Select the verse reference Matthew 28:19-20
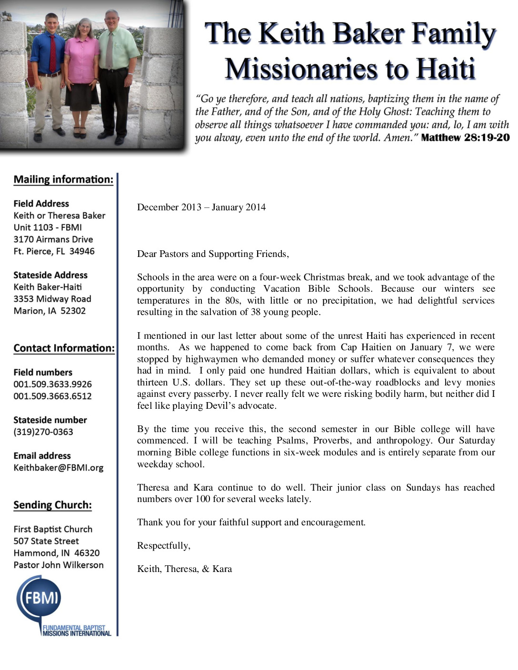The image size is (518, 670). pyautogui.click(x=465, y=138)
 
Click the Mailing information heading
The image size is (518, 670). pyautogui.click(x=63, y=179)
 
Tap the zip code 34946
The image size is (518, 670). pyautogui.click(x=82, y=251)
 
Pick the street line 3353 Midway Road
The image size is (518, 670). pyautogui.click(x=52, y=299)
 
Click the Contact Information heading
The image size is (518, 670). pyautogui.click(x=64, y=348)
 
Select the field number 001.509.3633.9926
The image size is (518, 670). pyautogui.click(x=52, y=384)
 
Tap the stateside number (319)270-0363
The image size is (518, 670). pyautogui.click(x=43, y=432)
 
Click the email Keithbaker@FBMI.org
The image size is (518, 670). pyautogui.click(x=58, y=468)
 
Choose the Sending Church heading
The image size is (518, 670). pyautogui.click(x=52, y=505)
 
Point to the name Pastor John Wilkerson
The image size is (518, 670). pyautogui.click(x=59, y=565)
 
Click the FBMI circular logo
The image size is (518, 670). pyautogui.click(x=39, y=597)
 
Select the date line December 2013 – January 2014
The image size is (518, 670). pyautogui.click(x=201, y=207)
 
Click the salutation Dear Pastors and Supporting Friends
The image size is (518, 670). pyautogui.click(x=213, y=254)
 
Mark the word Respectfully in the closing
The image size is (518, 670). pyautogui.click(x=163, y=545)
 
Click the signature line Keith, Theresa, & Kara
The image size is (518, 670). pyautogui.click(x=184, y=569)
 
